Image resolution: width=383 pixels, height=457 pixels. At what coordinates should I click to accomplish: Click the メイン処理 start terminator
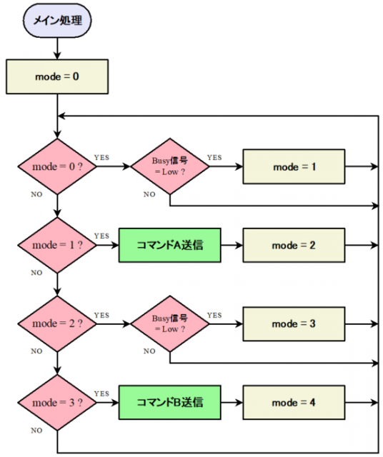[x=57, y=21]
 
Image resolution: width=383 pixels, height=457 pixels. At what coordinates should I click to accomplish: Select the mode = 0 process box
[x=57, y=76]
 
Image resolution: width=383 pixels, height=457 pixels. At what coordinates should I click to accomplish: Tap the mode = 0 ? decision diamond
[x=57, y=166]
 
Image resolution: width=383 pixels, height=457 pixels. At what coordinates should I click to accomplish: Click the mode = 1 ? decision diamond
[x=57, y=245]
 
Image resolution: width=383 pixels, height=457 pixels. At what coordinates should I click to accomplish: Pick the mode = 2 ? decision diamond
[x=57, y=323]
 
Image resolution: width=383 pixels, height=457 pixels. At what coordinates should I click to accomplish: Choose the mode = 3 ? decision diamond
[x=57, y=403]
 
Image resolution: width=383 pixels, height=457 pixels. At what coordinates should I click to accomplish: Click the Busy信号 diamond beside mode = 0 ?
[x=170, y=166]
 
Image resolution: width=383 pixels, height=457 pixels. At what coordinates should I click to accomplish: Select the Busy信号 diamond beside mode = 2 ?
[x=170, y=323]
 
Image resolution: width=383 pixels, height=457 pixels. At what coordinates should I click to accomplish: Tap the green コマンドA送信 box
[x=170, y=245]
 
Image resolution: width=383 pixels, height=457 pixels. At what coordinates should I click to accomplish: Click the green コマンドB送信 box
[x=170, y=403]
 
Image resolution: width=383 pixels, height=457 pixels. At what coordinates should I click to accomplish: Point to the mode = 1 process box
[x=294, y=166]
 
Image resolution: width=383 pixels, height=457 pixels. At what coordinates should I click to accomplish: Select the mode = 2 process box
[x=294, y=246]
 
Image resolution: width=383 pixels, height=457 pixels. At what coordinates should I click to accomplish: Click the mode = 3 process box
[x=294, y=323]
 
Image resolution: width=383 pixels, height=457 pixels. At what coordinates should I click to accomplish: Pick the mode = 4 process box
[x=294, y=403]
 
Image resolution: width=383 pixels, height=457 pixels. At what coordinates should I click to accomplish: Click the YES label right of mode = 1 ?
[x=101, y=236]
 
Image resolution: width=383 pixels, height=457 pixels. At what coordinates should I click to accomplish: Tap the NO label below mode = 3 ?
[x=36, y=430]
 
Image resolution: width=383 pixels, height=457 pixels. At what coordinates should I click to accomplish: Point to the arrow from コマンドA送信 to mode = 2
[x=232, y=245]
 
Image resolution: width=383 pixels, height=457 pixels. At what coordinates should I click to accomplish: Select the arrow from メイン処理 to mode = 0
[x=57, y=49]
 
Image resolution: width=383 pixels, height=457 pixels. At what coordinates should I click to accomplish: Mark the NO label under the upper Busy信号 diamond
[x=149, y=194]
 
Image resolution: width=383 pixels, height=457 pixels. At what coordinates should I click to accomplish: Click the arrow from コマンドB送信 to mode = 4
[x=232, y=403]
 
